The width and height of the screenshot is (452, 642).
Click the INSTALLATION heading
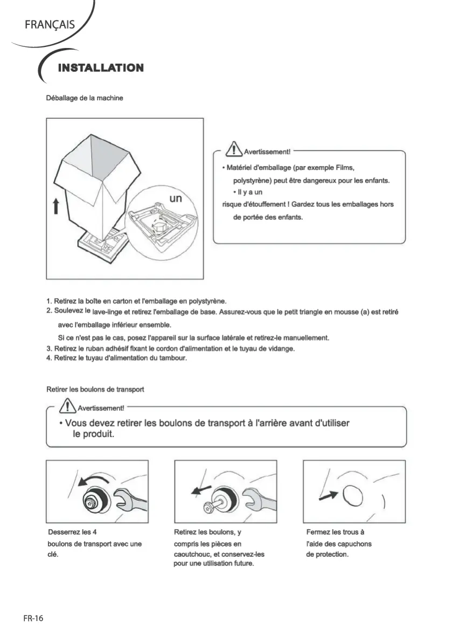(100, 68)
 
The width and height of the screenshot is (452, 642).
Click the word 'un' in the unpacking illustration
(176, 198)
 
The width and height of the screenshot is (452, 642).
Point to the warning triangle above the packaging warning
(234, 148)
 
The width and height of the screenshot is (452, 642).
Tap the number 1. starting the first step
(49, 301)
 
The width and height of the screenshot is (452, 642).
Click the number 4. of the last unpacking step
(49, 358)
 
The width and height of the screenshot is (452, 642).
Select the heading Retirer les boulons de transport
(95, 389)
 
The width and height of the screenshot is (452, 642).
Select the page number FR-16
(33, 618)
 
